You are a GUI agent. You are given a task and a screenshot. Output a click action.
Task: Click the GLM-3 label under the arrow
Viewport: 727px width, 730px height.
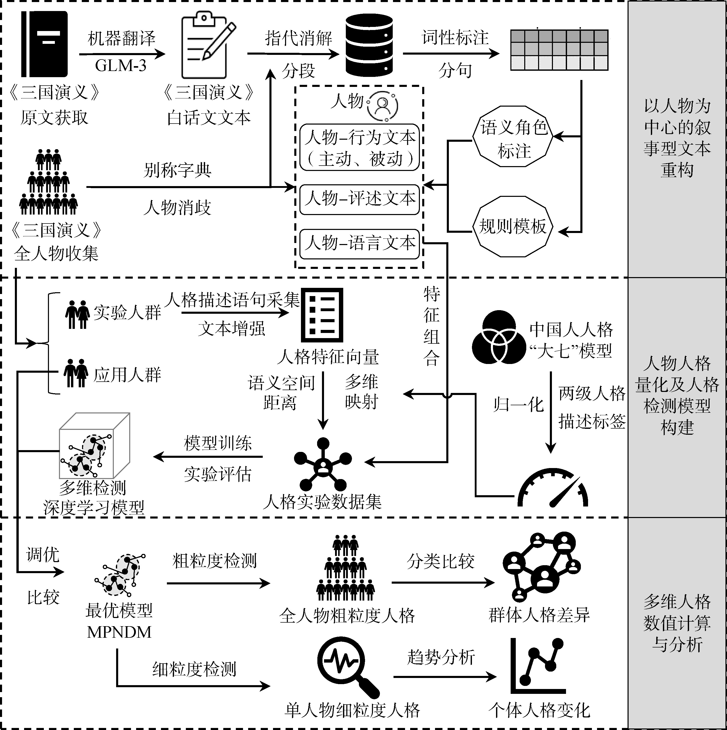point(120,66)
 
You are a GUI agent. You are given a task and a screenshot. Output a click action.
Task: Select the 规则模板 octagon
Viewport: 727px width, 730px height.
point(512,226)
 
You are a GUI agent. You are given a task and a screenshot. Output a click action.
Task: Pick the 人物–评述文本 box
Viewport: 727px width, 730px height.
point(359,199)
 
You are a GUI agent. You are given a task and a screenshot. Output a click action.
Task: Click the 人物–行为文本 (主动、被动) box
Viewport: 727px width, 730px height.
point(359,148)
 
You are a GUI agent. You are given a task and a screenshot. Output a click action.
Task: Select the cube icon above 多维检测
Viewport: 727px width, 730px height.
point(95,445)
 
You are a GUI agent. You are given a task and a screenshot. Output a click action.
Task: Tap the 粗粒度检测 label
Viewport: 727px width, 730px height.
point(214,561)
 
